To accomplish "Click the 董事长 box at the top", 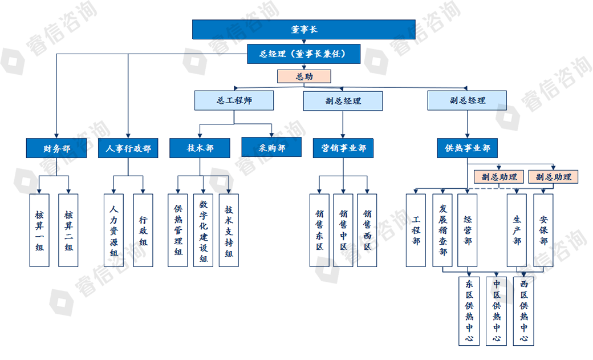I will [x=303, y=30].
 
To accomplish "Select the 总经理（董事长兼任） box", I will [x=303, y=54].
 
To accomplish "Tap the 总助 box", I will [x=303, y=76].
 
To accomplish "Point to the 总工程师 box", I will [x=234, y=101].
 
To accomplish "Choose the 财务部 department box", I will [x=56, y=148].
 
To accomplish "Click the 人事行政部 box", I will [x=128, y=148].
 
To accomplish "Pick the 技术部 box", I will [x=200, y=148].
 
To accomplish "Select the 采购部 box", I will [x=271, y=148].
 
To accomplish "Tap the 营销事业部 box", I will [x=343, y=148].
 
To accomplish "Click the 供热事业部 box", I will [x=467, y=148].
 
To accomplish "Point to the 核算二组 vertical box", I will [x=68, y=230].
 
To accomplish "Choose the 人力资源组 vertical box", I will [x=113, y=230].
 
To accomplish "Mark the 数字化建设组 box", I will [x=202, y=230].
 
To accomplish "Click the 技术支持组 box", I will [x=229, y=230].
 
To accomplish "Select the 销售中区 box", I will [x=343, y=230].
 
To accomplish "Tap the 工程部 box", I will [x=416, y=230].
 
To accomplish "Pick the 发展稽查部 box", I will [x=442, y=230].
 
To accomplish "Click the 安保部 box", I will [x=543, y=230].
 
